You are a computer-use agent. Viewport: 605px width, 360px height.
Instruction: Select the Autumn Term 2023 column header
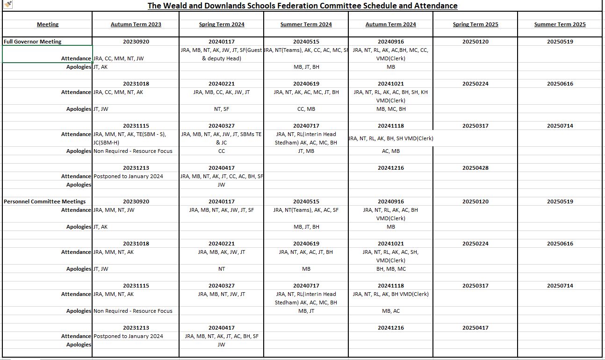[136, 24]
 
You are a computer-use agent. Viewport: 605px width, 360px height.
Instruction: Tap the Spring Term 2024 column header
[222, 24]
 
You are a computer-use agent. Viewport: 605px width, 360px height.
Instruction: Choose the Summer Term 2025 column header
[560, 24]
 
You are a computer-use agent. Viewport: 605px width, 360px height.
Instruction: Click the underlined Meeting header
[48, 24]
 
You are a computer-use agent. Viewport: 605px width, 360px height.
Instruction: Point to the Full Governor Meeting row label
[33, 42]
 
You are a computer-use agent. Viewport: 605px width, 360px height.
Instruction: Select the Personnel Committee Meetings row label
[45, 202]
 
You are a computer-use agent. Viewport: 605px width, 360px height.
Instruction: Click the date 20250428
[475, 168]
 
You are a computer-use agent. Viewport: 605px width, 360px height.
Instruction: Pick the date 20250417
[475, 328]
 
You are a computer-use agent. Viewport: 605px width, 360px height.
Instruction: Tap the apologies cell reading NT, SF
[222, 109]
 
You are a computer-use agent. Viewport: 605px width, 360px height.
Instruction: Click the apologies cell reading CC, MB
[306, 109]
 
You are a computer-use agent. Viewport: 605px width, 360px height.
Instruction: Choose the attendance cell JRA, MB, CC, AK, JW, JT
[222, 92]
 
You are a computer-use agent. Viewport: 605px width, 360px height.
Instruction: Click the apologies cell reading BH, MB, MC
[391, 269]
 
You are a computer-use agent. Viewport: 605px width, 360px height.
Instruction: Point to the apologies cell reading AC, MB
[391, 151]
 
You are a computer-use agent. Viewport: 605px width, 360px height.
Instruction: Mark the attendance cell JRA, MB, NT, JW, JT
[222, 294]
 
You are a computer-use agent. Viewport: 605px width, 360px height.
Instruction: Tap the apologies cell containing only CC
[222, 151]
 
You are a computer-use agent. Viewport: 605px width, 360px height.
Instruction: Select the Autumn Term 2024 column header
[391, 24]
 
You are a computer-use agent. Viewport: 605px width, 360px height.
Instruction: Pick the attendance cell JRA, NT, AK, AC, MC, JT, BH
[306, 92]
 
